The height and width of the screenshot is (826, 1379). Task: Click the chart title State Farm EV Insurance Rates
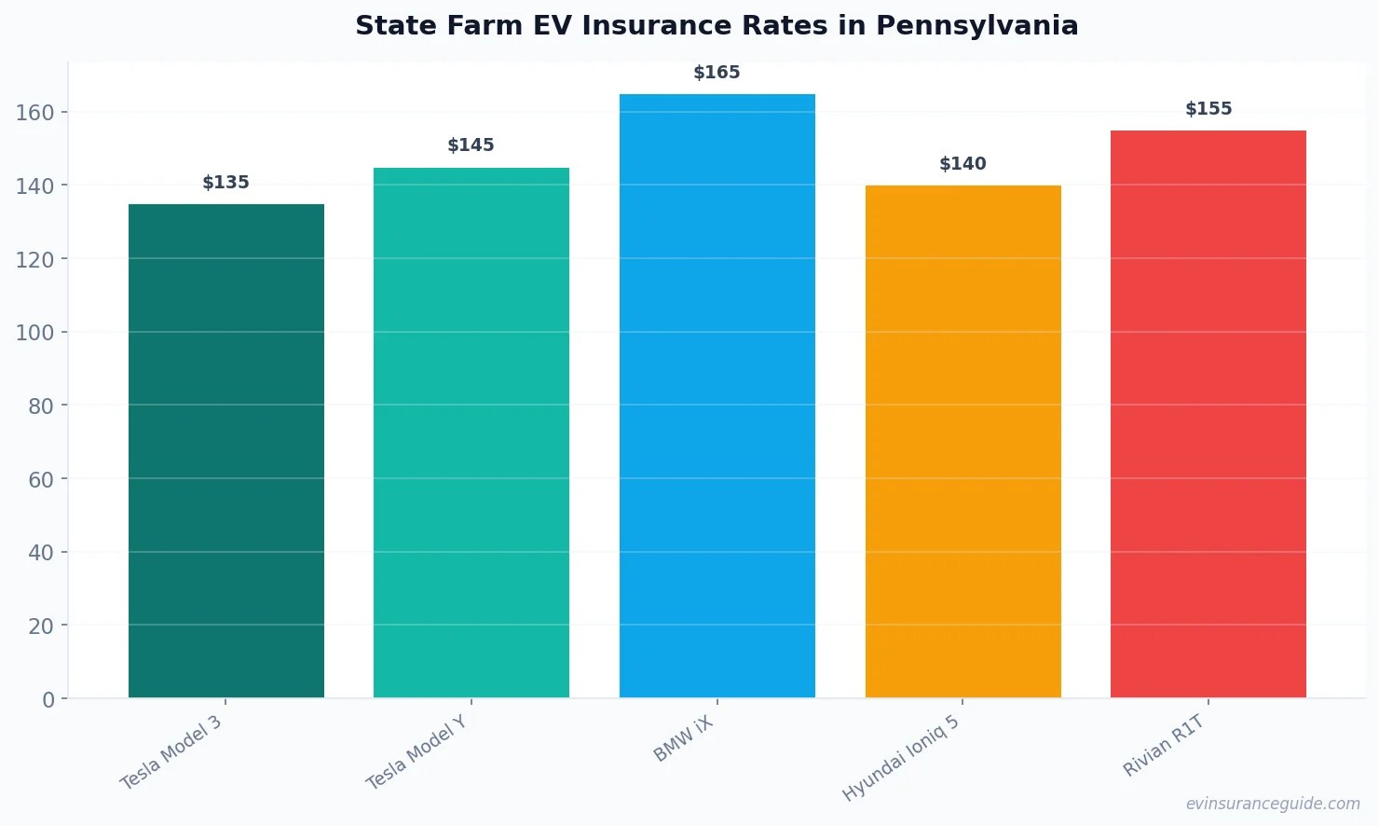pyautogui.click(x=717, y=26)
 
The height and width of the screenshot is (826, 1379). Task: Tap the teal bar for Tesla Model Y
pyautogui.click(x=471, y=433)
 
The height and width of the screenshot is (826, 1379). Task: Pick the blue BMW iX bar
pyautogui.click(x=717, y=395)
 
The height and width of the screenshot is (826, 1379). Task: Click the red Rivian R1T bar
pyautogui.click(x=1208, y=414)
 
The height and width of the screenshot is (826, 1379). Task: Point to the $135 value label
pyautogui.click(x=226, y=183)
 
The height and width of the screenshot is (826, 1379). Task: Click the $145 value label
pyautogui.click(x=471, y=145)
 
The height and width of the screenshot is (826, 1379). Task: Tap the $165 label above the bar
pyautogui.click(x=717, y=73)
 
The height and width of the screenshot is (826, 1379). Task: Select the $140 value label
pyautogui.click(x=963, y=164)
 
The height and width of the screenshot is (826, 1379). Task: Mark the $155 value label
pyautogui.click(x=1208, y=109)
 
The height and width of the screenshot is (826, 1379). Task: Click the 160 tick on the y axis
pyautogui.click(x=35, y=113)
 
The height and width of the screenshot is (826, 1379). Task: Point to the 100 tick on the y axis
pyautogui.click(x=35, y=333)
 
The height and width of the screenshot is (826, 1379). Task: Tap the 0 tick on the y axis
pyautogui.click(x=48, y=700)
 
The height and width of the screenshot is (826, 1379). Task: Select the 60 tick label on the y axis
pyautogui.click(x=41, y=480)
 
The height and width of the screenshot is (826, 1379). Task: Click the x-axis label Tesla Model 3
pyautogui.click(x=171, y=752)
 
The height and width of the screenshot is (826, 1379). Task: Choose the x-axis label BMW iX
pyautogui.click(x=683, y=739)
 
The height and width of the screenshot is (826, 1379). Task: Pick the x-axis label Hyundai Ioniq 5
pyautogui.click(x=900, y=758)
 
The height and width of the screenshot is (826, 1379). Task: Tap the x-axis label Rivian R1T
pyautogui.click(x=1164, y=746)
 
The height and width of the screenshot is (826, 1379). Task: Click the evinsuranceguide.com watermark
pyautogui.click(x=1273, y=804)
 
